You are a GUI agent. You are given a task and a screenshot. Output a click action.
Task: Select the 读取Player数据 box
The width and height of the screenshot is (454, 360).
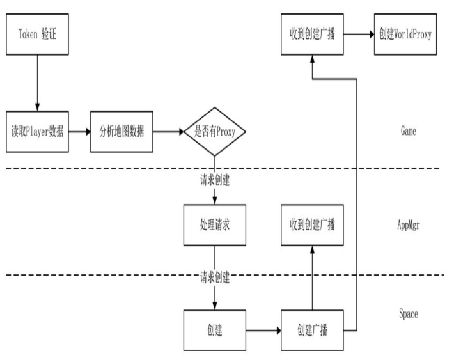(x=38, y=133)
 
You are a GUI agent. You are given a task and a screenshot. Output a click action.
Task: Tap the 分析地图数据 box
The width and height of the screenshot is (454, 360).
(x=121, y=133)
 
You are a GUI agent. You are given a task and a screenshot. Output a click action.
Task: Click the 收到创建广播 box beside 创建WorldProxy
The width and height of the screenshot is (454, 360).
(x=313, y=35)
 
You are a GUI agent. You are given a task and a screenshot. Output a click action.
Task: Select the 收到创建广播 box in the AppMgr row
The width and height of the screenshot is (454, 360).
(x=313, y=225)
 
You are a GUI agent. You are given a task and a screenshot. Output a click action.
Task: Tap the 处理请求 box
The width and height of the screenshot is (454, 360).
(x=214, y=225)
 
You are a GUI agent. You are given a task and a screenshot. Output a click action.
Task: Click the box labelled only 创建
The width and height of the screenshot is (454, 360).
(x=214, y=331)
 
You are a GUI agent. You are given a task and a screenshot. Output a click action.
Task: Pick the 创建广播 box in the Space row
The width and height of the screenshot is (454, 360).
(x=313, y=331)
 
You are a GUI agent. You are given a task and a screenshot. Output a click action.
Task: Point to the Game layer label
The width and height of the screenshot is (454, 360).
(x=408, y=132)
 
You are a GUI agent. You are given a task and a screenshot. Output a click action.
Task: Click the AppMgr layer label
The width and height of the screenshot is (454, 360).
(x=408, y=225)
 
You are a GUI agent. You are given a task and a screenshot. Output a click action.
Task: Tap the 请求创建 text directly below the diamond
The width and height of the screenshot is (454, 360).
(x=214, y=180)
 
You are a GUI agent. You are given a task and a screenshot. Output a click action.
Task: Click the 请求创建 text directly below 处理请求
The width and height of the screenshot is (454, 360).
(x=214, y=279)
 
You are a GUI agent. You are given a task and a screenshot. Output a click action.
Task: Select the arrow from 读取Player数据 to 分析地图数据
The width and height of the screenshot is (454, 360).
(x=79, y=133)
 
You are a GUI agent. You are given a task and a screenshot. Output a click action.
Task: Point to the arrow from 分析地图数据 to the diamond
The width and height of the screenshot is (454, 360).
(x=168, y=133)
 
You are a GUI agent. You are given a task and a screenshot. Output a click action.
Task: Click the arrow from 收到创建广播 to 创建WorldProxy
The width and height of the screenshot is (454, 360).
(x=359, y=35)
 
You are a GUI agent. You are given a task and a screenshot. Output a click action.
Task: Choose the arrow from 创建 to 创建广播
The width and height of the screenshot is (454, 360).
(x=262, y=331)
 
